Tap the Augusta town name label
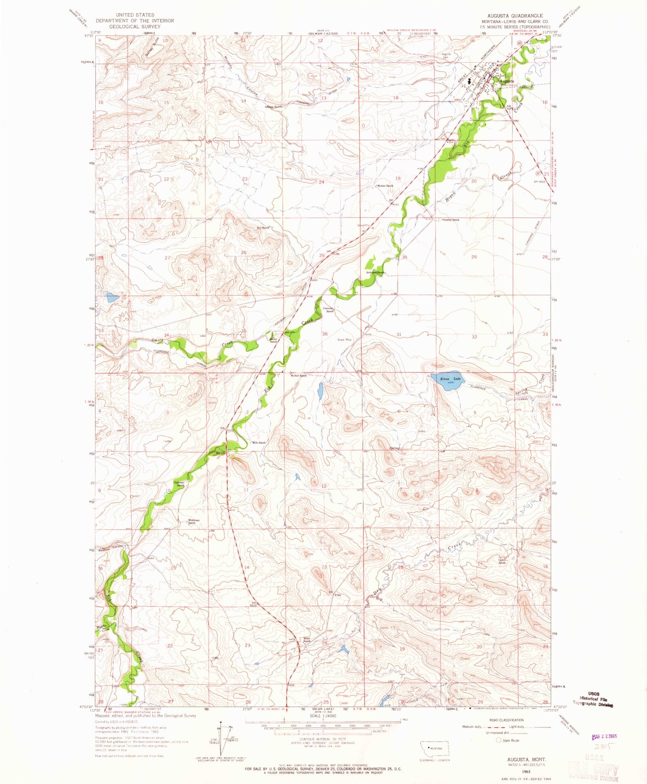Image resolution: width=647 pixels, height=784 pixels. click(507, 81)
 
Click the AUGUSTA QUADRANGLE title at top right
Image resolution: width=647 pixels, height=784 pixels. click(512, 15)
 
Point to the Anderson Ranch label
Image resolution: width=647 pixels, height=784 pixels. click(375, 273)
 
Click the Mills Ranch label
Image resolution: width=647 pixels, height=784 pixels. click(259, 443)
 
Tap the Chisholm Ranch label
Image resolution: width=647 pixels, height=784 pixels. click(179, 484)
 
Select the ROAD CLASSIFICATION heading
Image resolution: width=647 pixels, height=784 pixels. click(506, 720)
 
